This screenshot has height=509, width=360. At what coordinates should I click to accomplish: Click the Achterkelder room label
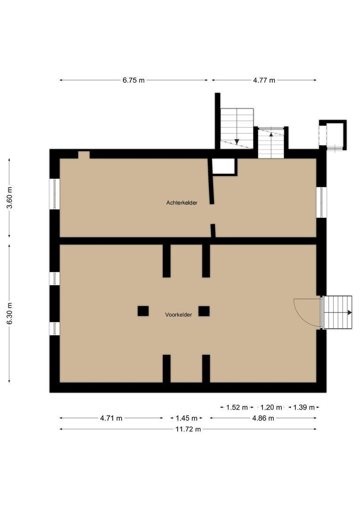(181, 203)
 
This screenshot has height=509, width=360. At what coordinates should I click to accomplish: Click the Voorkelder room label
(178, 315)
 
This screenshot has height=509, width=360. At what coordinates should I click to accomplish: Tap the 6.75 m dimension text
(133, 80)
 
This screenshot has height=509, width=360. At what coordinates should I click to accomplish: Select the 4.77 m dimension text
(264, 80)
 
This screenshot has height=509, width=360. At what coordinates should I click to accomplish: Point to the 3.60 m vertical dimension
(9, 197)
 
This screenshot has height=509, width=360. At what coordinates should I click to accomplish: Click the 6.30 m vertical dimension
(9, 313)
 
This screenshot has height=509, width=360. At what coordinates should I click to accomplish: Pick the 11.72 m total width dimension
(188, 429)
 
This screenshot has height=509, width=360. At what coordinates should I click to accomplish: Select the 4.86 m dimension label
(262, 418)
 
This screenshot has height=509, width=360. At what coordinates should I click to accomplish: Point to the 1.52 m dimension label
(237, 407)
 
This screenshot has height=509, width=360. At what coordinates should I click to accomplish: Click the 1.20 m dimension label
(271, 407)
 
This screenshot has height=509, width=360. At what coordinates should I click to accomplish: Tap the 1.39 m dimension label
(303, 407)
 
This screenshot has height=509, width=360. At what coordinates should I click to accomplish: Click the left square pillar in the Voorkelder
(143, 311)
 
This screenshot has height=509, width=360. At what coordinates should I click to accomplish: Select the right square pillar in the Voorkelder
(204, 311)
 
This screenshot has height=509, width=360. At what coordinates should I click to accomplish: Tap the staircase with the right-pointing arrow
(338, 312)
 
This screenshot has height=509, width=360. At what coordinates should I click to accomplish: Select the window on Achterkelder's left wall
(55, 194)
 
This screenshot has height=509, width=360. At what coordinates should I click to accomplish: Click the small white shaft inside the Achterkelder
(223, 166)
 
